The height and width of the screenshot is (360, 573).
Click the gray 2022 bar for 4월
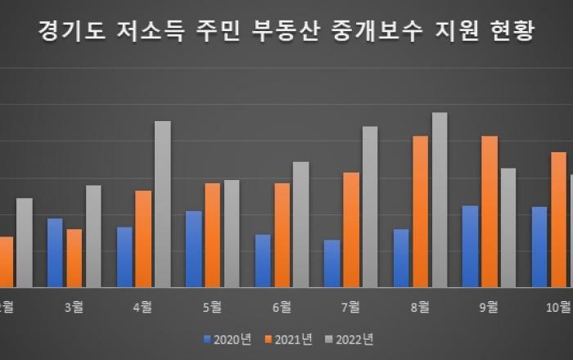pyautogui.click(x=163, y=205)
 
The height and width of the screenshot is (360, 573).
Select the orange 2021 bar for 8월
pyautogui.click(x=421, y=212)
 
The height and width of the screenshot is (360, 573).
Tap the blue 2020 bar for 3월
pyautogui.click(x=55, y=253)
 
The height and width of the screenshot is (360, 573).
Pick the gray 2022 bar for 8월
pyautogui.click(x=440, y=200)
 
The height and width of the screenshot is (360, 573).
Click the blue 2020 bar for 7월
pyautogui.click(x=332, y=263)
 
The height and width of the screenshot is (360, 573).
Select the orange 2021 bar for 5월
pyautogui.click(x=213, y=236)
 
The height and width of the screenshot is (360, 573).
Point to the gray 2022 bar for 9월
pyautogui.click(x=508, y=228)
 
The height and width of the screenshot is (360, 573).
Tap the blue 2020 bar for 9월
pyautogui.click(x=470, y=246)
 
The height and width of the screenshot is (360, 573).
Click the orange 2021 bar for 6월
pyautogui.click(x=282, y=236)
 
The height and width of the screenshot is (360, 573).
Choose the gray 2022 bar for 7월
pyautogui.click(x=370, y=207)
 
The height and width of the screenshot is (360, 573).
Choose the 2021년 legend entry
pyautogui.click(x=292, y=338)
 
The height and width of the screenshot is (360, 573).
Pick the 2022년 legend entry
pyautogui.click(x=354, y=338)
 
